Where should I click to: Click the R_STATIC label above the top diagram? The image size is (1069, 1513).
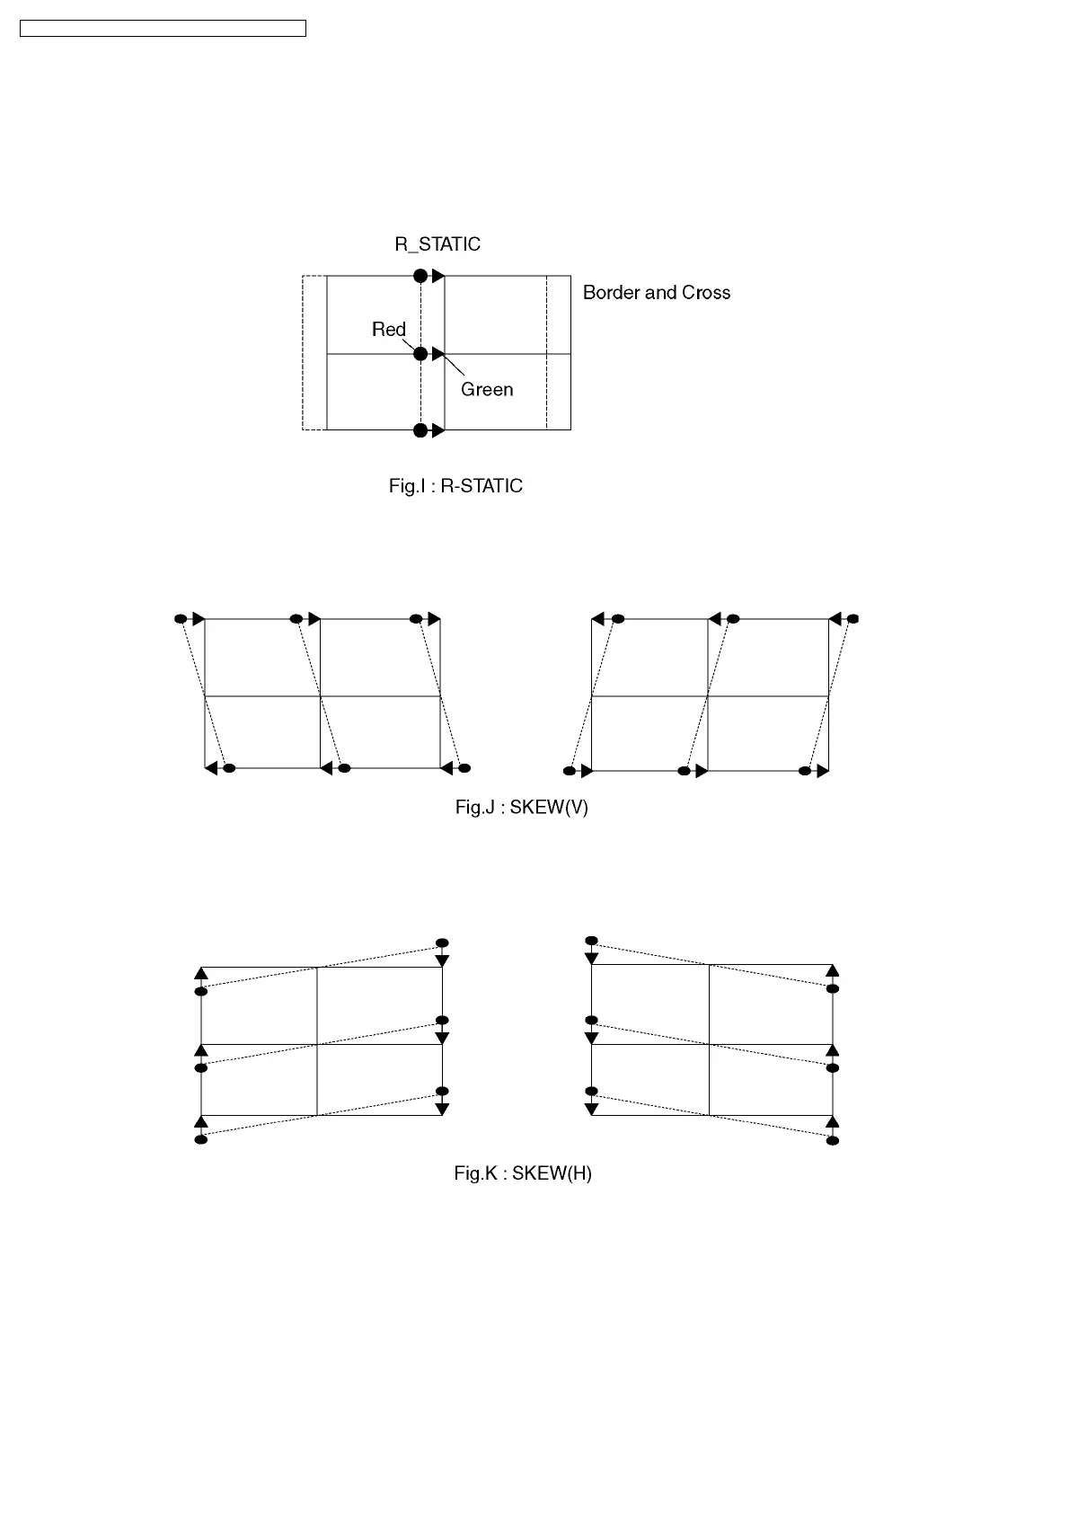click(437, 244)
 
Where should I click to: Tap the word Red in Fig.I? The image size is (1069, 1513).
click(389, 330)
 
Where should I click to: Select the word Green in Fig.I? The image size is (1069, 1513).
click(487, 390)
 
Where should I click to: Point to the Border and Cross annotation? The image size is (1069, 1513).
click(656, 293)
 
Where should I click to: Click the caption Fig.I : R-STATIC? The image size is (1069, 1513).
click(455, 486)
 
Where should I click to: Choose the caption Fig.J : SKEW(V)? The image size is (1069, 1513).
click(521, 808)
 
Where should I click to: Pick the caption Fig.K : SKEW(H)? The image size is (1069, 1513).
click(522, 1173)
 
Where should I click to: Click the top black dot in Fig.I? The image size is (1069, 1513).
click(420, 276)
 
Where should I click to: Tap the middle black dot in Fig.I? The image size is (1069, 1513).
click(420, 354)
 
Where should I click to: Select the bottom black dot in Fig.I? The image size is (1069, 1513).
click(420, 430)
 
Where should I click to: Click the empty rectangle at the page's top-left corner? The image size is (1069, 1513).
click(163, 29)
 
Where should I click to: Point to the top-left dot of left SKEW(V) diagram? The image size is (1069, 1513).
click(181, 619)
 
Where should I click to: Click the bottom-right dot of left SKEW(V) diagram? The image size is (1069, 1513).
click(464, 768)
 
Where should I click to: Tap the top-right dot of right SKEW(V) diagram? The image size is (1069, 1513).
click(853, 619)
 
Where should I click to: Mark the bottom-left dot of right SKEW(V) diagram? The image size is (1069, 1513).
click(569, 771)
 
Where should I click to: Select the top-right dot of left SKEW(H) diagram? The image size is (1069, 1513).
click(441, 942)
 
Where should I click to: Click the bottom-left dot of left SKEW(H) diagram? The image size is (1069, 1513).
click(201, 1139)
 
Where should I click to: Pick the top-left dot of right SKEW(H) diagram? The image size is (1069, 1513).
click(591, 941)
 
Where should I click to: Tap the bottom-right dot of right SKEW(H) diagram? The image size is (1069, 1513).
click(833, 1140)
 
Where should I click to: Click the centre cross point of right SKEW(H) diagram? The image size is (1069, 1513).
click(710, 1044)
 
